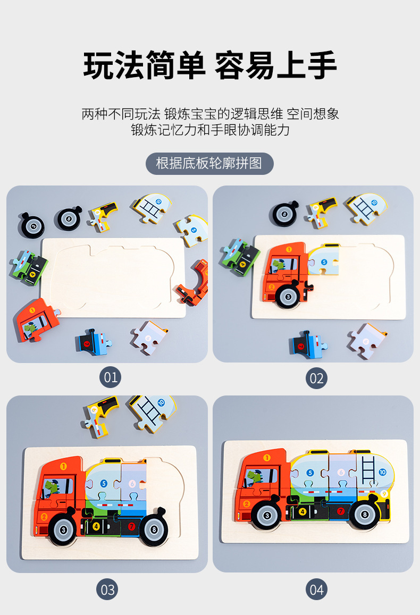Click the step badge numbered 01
click(110, 377)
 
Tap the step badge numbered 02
click(316, 378)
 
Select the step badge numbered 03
click(107, 589)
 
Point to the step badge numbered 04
click(316, 589)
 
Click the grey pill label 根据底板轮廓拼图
click(209, 163)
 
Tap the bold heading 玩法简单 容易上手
click(210, 65)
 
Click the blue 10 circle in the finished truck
click(382, 472)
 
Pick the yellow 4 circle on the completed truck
click(303, 511)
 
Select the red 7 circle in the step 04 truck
click(341, 511)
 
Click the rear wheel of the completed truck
click(364, 514)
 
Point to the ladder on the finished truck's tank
click(368, 470)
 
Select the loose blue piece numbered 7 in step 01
click(93, 342)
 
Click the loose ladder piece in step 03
click(153, 412)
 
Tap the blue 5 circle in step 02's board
click(324, 262)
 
